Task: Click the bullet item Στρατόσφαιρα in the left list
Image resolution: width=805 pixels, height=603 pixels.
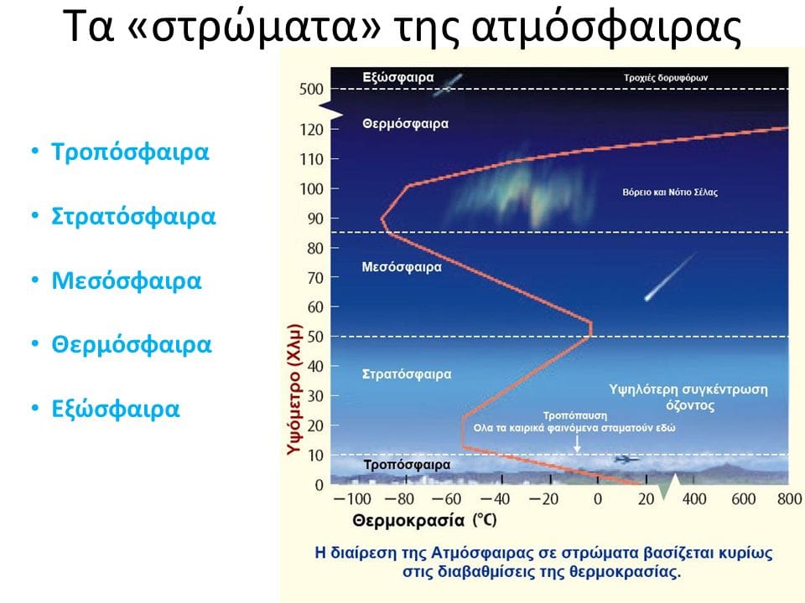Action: coord(133,216)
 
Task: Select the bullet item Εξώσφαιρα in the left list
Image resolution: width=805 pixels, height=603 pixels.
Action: coord(116,409)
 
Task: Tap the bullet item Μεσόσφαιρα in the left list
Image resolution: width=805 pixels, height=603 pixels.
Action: coord(127,281)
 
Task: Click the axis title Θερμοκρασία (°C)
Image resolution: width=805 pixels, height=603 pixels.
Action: coord(424,520)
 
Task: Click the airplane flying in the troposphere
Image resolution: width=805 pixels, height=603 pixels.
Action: coord(625,459)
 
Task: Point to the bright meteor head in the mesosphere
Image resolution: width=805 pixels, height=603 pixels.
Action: coord(647,296)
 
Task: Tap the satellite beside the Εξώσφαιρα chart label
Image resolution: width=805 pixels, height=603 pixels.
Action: coord(452,81)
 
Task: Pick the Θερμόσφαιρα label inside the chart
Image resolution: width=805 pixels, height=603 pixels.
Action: coord(405,123)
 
